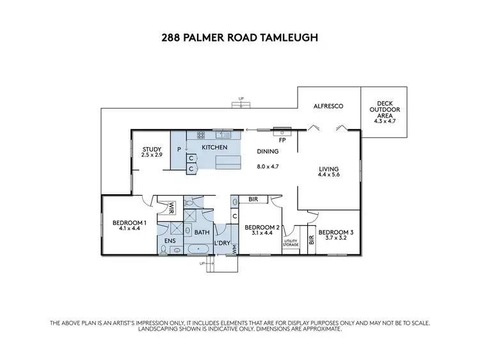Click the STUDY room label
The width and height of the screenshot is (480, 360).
tap(152, 149)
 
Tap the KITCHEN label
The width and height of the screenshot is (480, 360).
tap(214, 148)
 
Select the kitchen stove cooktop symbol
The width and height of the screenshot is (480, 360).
tap(201, 135)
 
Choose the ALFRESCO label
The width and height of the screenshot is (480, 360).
tap(325, 107)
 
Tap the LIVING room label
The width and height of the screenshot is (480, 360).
tap(328, 169)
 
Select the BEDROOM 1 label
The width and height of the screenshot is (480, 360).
tap(130, 223)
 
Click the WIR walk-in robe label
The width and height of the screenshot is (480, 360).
tap(172, 208)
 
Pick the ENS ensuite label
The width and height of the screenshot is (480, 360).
tap(170, 240)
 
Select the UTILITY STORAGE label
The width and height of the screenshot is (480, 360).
tap(291, 243)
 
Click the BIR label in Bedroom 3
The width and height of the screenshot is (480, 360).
tap(312, 240)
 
